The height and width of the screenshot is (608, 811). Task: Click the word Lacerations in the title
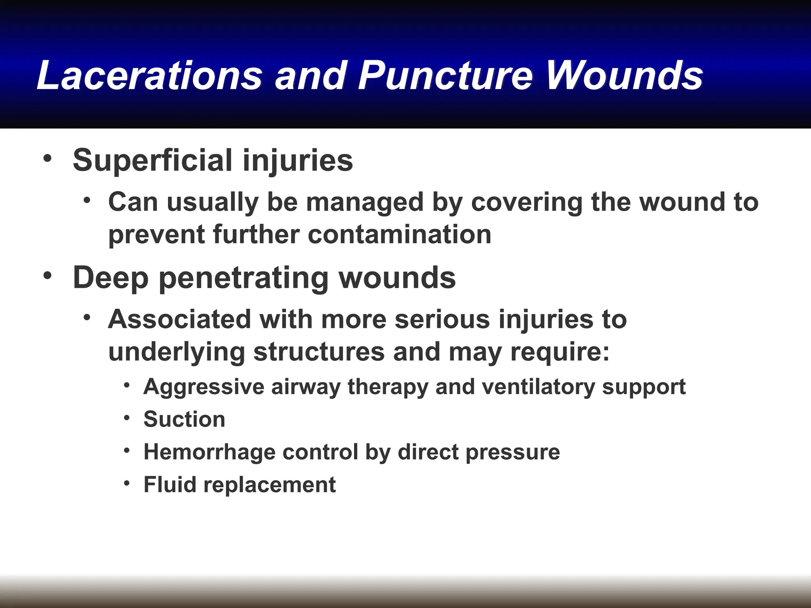coord(150,75)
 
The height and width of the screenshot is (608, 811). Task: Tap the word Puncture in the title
coord(446,75)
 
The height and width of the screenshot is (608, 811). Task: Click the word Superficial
coord(152,160)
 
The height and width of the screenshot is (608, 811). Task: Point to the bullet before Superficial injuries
coord(48,158)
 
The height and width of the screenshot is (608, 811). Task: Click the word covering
coord(527,202)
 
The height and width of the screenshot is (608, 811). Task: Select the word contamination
coord(400,234)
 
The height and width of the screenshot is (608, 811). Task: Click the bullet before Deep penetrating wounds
coord(48,275)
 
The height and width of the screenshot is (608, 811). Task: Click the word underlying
coord(177,352)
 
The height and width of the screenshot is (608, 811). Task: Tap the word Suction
coord(185,419)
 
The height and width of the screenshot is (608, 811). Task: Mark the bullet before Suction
coord(127,418)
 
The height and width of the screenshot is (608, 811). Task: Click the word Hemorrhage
coord(209,452)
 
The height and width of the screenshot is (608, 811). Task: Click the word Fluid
coord(170,484)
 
